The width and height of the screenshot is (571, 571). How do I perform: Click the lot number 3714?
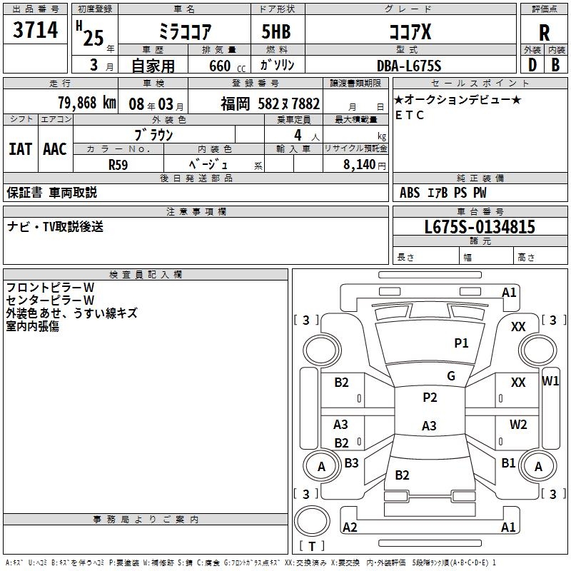pyautogui.click(x=36, y=32)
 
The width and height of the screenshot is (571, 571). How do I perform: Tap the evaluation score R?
pyautogui.click(x=544, y=32)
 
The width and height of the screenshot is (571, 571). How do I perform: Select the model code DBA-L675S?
pyautogui.click(x=409, y=66)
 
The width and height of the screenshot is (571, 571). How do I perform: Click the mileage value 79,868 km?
pyautogui.click(x=86, y=103)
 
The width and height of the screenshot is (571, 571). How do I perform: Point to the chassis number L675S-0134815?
pyautogui.click(x=479, y=228)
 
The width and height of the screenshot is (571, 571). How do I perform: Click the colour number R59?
pyautogui.click(x=118, y=164)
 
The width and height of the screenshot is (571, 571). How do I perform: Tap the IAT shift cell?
pyautogui.click(x=20, y=149)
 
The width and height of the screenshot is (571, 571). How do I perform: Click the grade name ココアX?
pyautogui.click(x=409, y=32)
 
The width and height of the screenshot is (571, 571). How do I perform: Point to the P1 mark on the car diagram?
pyautogui.click(x=462, y=343)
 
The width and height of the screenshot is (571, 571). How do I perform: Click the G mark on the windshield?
pyautogui.click(x=451, y=376)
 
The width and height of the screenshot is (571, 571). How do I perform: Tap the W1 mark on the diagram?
pyautogui.click(x=551, y=380)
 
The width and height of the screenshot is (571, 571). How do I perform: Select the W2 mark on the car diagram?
pyautogui.click(x=518, y=425)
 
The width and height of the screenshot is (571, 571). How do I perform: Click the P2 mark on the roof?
pyautogui.click(x=430, y=398)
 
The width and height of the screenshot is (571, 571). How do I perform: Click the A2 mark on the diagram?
pyautogui.click(x=350, y=527)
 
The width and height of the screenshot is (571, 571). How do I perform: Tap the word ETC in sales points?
pyautogui.click(x=410, y=115)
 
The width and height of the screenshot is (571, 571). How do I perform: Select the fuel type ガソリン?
pyautogui.click(x=278, y=66)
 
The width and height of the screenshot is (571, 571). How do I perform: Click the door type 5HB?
pyautogui.click(x=278, y=32)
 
